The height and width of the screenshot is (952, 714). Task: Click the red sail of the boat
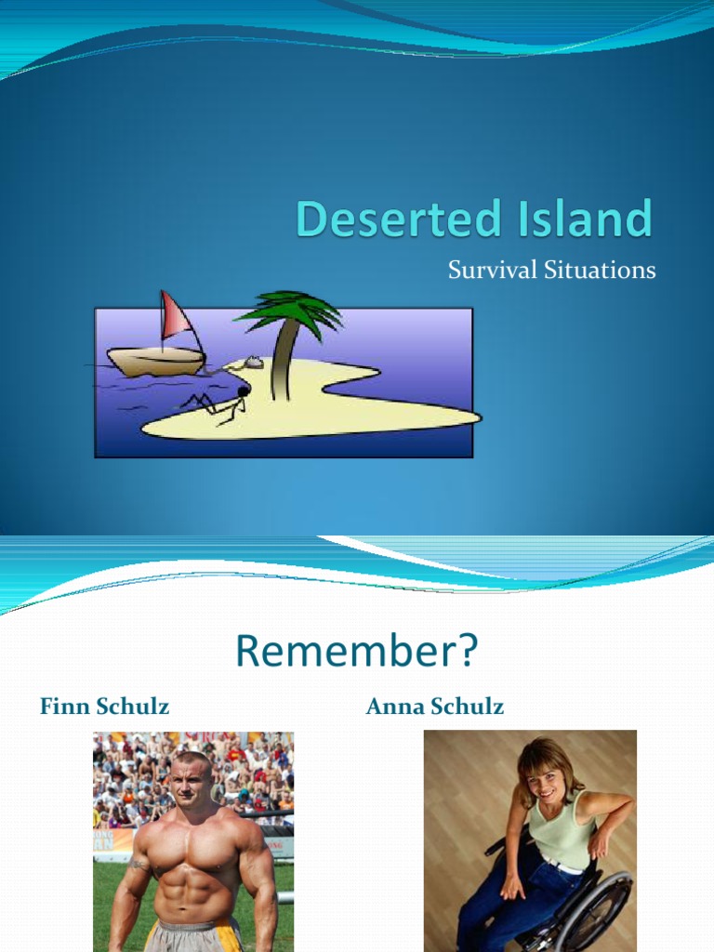click(174, 317)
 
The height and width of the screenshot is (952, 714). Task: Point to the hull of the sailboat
click(155, 361)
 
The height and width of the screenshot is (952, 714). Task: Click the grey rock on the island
click(251, 363)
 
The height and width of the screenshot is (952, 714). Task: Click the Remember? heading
click(356, 652)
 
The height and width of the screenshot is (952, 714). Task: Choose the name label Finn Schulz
click(104, 707)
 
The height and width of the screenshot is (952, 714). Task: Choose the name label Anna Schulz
click(435, 707)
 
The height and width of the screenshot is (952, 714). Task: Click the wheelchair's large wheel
click(595, 911)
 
